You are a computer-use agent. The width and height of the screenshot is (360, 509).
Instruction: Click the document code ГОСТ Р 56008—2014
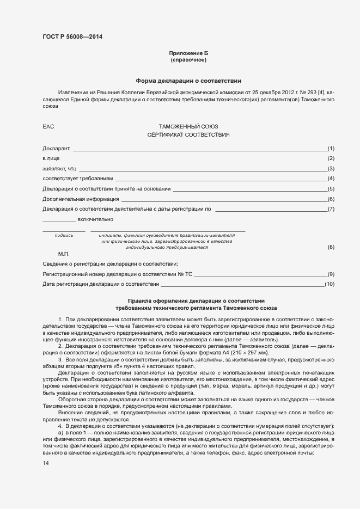click(72, 37)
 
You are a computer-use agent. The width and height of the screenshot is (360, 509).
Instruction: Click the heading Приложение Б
click(188, 53)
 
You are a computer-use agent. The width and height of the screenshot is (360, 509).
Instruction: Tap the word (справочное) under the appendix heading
click(188, 60)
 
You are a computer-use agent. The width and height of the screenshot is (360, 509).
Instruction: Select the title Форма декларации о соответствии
click(188, 79)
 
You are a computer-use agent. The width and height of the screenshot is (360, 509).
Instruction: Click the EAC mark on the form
click(48, 126)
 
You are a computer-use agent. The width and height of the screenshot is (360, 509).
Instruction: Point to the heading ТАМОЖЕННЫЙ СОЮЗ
click(188, 126)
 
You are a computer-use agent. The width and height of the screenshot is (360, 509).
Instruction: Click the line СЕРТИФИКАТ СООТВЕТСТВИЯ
click(188, 134)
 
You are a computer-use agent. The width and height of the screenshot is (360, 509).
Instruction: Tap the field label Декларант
click(57, 149)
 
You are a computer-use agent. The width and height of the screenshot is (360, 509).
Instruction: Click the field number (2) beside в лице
click(331, 158)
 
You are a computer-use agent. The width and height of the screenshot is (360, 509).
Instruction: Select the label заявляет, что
click(59, 169)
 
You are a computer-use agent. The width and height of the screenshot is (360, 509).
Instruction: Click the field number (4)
click(331, 179)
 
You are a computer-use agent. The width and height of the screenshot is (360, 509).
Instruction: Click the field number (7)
click(331, 209)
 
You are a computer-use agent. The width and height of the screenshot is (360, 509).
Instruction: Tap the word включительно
click(95, 219)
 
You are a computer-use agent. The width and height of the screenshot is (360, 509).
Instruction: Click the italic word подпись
click(64, 235)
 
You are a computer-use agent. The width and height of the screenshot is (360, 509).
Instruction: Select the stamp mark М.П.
click(64, 254)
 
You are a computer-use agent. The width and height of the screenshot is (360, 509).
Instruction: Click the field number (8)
click(331, 247)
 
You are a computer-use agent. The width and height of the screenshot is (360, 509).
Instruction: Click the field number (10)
click(329, 284)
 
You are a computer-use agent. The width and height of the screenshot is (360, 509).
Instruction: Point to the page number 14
click(46, 463)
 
